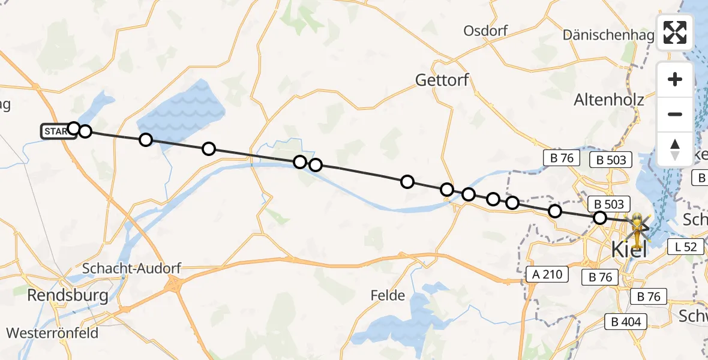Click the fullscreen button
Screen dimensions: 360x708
[675, 32]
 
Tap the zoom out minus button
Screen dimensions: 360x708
[675, 114]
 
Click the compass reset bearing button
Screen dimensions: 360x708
[675, 148]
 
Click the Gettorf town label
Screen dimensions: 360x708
[442, 80]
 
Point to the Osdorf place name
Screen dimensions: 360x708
[485, 31]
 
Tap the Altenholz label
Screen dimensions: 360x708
[609, 100]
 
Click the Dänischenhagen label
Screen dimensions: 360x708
[608, 35]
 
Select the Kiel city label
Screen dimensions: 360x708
[628, 248]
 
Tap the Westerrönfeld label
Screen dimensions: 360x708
[52, 332]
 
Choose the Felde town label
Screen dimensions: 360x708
[388, 296]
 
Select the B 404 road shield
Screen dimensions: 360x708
[626, 322]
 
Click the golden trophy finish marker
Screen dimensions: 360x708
[637, 228]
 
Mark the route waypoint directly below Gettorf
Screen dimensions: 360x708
[446, 190]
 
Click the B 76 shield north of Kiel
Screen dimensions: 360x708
[559, 158]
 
